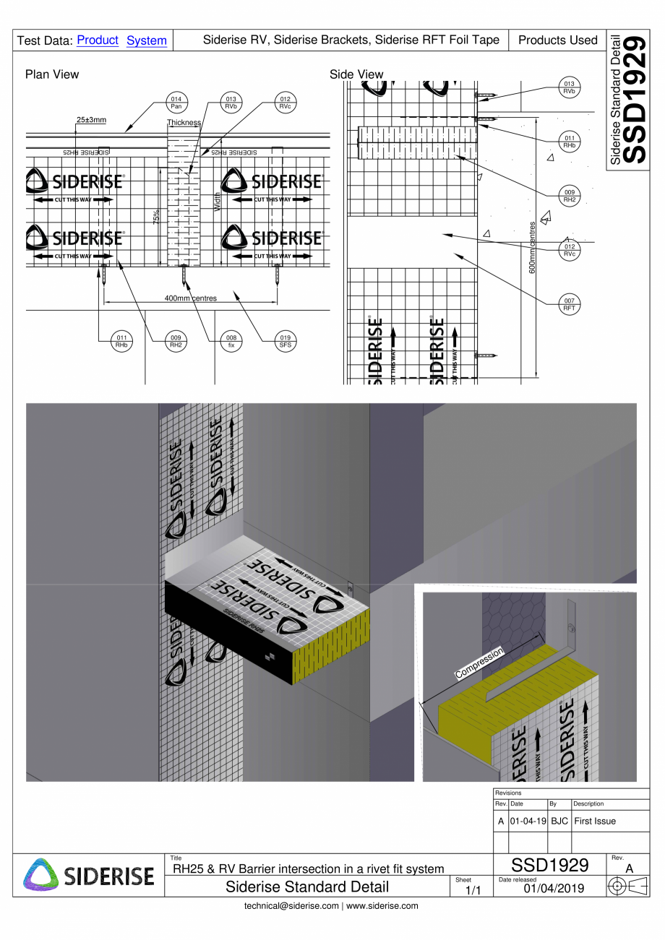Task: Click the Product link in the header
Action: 97,40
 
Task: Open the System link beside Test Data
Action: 147,40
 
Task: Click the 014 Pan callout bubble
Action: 176,101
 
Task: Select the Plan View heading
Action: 52,74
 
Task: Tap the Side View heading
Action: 356,74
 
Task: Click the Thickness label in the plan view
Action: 183,123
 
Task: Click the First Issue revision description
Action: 595,822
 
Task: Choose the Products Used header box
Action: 557,40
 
